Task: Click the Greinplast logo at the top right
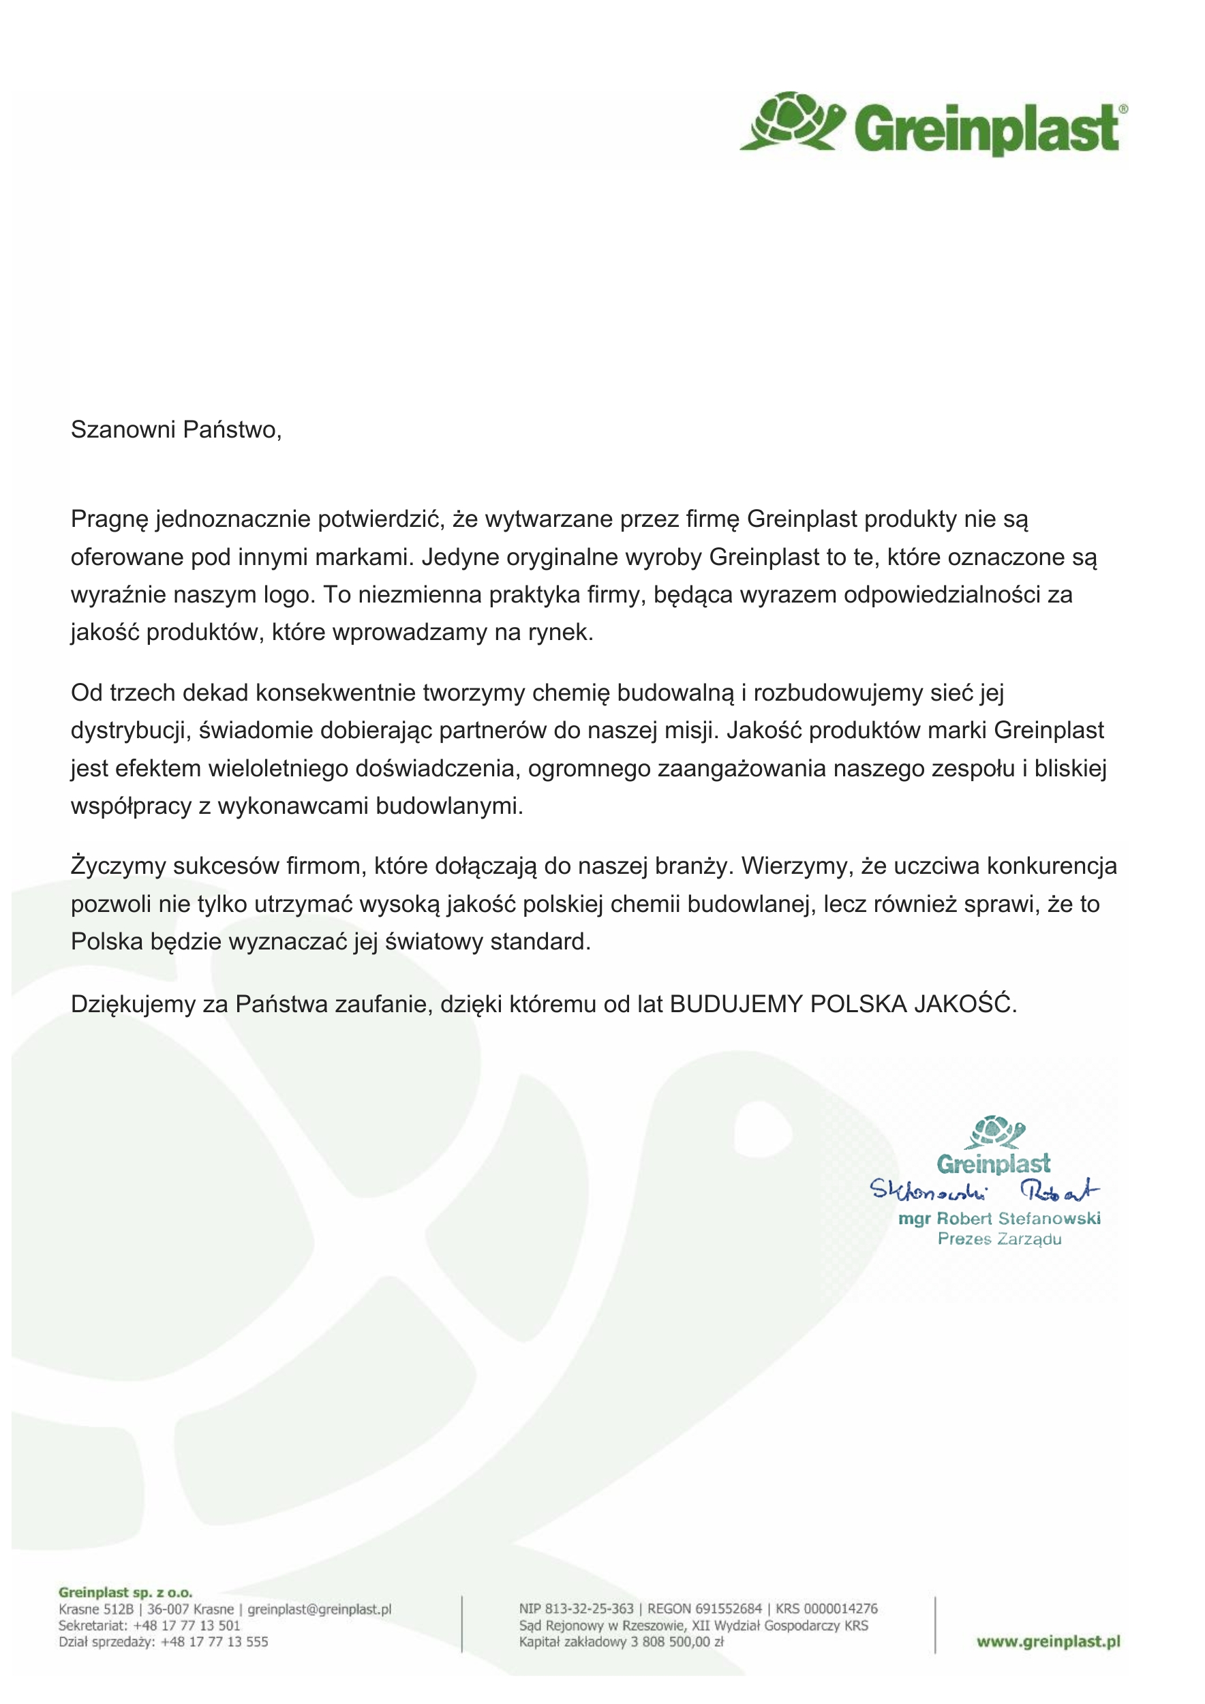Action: coord(934,125)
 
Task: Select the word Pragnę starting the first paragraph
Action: coord(109,519)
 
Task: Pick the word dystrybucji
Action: coord(127,730)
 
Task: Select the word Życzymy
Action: coord(117,866)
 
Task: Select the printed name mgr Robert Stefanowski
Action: coord(998,1219)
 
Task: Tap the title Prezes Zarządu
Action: coord(998,1238)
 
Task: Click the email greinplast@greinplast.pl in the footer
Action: coord(319,1609)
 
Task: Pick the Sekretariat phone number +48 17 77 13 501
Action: coord(186,1626)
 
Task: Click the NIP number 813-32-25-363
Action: coord(589,1609)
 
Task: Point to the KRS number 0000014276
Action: coord(840,1609)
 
